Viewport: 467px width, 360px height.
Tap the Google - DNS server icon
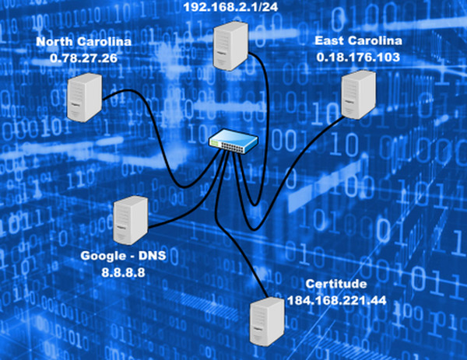pos(129,221)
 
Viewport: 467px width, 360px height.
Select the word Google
pos(106,256)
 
